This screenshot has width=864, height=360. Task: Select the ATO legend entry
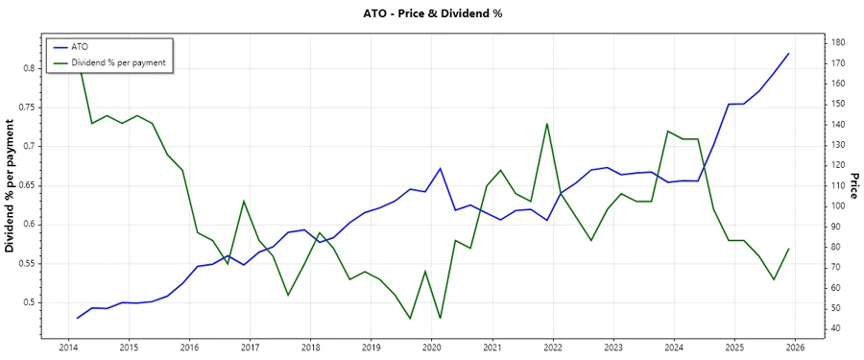pos(80,46)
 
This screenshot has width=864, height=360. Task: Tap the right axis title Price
pos(853,186)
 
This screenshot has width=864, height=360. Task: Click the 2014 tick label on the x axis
pos(68,348)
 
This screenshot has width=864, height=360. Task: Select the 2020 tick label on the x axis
pos(431,348)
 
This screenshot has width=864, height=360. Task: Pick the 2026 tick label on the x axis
pos(794,348)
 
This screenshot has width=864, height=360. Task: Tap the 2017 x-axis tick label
pos(250,348)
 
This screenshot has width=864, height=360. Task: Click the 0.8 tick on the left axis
pos(30,68)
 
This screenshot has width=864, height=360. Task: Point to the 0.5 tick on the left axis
pos(30,302)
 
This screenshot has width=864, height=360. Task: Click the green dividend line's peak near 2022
pos(546,123)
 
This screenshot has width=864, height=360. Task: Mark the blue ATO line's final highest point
pos(788,54)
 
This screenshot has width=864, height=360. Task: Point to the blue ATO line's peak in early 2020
pos(440,169)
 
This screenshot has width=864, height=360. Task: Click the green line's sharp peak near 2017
pos(244,201)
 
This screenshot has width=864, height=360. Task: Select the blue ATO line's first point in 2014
pos(77,318)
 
